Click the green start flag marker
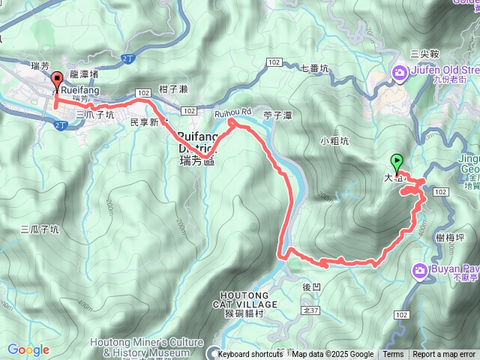pyautogui.click(x=396, y=161)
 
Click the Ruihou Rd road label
pyautogui.click(x=231, y=113)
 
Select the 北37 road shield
pyautogui.click(x=308, y=289)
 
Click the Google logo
pyautogui.click(x=28, y=349)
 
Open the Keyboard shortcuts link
pyautogui.click(x=250, y=355)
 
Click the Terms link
pyautogui.click(x=393, y=355)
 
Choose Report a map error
pyautogui.click(x=444, y=355)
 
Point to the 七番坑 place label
pyautogui.click(x=315, y=68)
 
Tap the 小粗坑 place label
pyautogui.click(x=334, y=140)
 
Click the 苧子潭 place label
pyautogui.click(x=277, y=115)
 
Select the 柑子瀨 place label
pyautogui.click(x=173, y=89)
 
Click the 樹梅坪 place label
pyautogui.click(x=450, y=237)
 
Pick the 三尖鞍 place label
pyautogui.click(x=424, y=53)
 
